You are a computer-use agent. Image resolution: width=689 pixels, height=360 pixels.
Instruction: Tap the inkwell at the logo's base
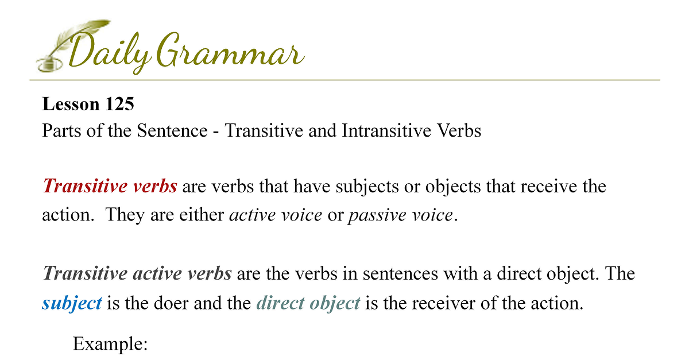pyautogui.click(x=49, y=65)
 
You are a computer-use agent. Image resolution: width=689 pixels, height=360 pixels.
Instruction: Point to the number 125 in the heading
pyautogui.click(x=119, y=104)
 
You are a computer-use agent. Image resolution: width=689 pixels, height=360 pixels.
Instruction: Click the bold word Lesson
pyautogui.click(x=71, y=104)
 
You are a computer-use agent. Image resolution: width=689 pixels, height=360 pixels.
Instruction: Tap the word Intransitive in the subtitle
pyautogui.click(x=386, y=130)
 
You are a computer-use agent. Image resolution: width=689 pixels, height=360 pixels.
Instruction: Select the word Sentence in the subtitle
pyautogui.click(x=172, y=130)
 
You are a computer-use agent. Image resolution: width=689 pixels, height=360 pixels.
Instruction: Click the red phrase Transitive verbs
pyautogui.click(x=110, y=186)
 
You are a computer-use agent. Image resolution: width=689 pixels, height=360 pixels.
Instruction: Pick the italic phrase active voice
pyautogui.click(x=276, y=215)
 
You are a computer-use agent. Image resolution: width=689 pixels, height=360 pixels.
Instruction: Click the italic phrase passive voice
pyautogui.click(x=400, y=215)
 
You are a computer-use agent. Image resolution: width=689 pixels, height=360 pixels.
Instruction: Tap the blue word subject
pyautogui.click(x=72, y=303)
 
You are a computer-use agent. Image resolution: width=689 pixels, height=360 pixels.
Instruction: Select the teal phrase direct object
pyautogui.click(x=308, y=303)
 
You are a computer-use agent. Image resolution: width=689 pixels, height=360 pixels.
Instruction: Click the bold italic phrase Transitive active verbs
pyautogui.click(x=137, y=273)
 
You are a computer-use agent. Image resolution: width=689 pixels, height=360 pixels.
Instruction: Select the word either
pyautogui.click(x=202, y=215)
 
